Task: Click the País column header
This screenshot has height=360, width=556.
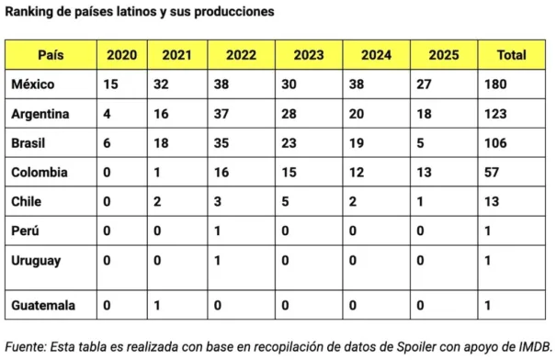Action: pos(51,55)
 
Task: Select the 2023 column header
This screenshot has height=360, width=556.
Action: pos(309,55)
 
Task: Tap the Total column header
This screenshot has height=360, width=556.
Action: pos(511,55)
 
